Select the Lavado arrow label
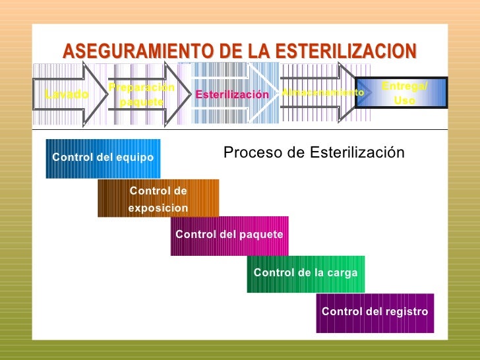pos(67,94)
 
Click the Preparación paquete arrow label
pos(142,95)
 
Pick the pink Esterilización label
pos(232,95)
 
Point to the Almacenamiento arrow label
pos(322,93)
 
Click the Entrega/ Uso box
pos(404,94)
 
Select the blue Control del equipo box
pos(103,158)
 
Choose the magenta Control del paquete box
pos(229,235)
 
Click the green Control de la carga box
pos(305,273)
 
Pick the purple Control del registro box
pos(375,312)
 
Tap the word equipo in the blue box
pos(136,158)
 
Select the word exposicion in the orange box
pos(158,208)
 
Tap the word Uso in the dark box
pos(404,102)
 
